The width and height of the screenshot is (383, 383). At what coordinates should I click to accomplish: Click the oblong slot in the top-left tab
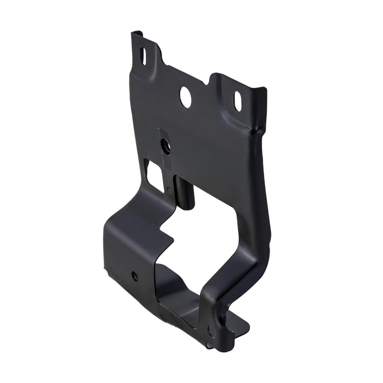[x=143, y=56]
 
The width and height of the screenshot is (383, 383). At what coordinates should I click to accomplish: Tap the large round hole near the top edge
[x=185, y=97]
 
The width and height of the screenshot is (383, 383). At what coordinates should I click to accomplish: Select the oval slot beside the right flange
[x=238, y=101]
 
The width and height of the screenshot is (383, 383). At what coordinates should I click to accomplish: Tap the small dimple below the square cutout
[x=168, y=190]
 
